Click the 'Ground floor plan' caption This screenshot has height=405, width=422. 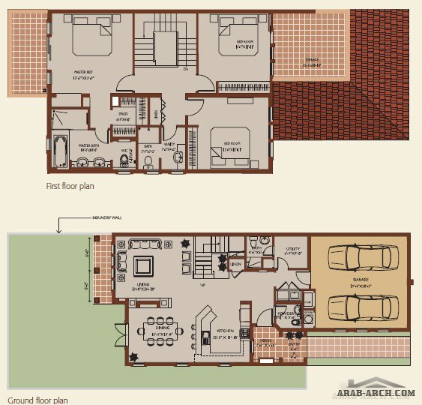pyautogui.click(x=38, y=400)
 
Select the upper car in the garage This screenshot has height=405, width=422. pyautogui.click(x=359, y=257)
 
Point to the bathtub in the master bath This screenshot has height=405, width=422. pyautogui.click(x=60, y=148)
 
